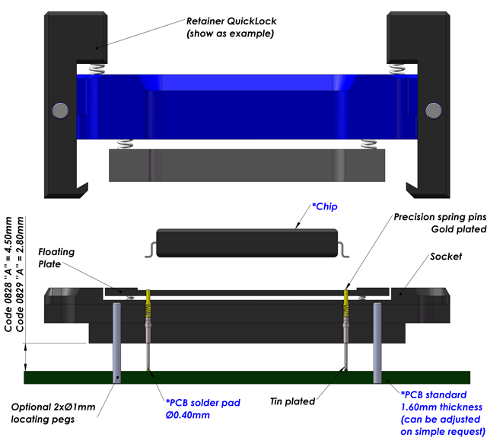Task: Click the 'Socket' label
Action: tap(447, 257)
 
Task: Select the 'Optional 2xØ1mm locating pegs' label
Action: tap(53, 413)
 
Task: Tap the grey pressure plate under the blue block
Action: tap(248, 164)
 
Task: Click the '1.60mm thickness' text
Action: tap(441, 407)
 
